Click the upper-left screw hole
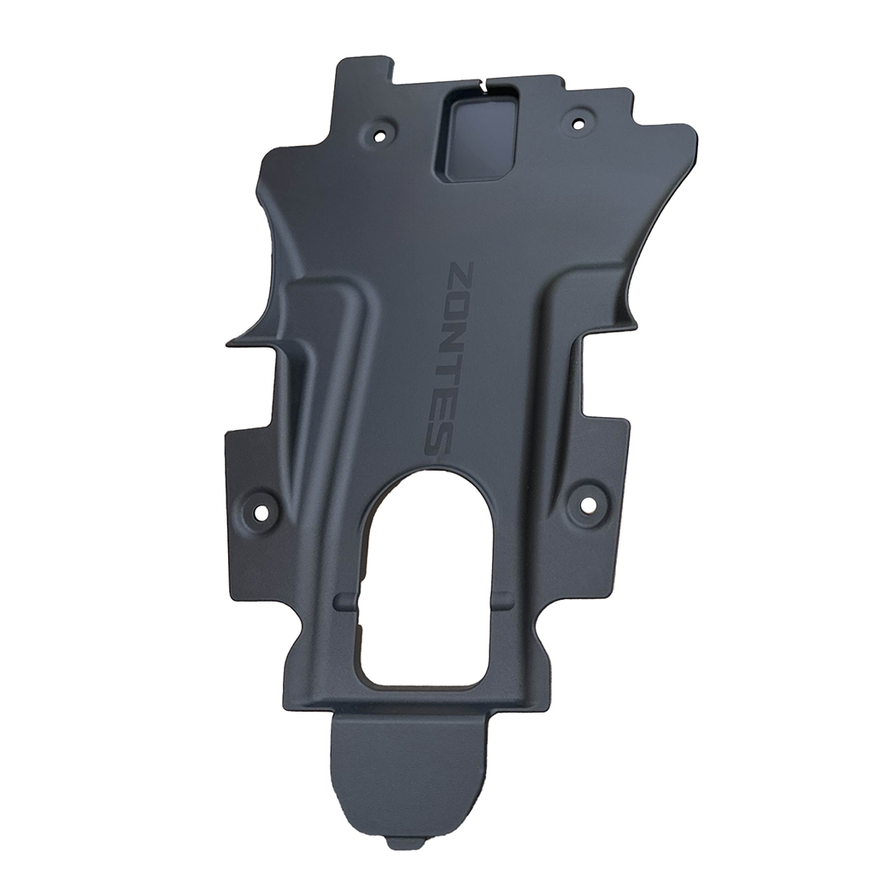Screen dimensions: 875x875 pyautogui.click(x=381, y=135)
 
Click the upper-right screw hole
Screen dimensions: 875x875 pyautogui.click(x=578, y=121)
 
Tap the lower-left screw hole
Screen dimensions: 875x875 pyautogui.click(x=261, y=511)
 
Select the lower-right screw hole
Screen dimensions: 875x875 pyautogui.click(x=586, y=503)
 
